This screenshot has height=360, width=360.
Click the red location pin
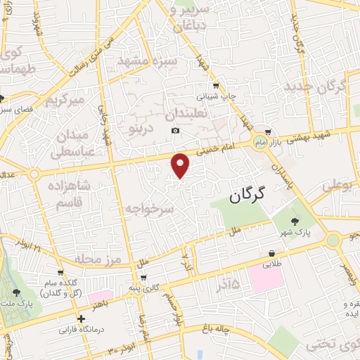pyautogui.click(x=181, y=165)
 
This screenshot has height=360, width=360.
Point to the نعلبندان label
pyautogui.click(x=184, y=113)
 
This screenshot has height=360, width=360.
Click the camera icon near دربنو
pyautogui.click(x=175, y=131)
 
